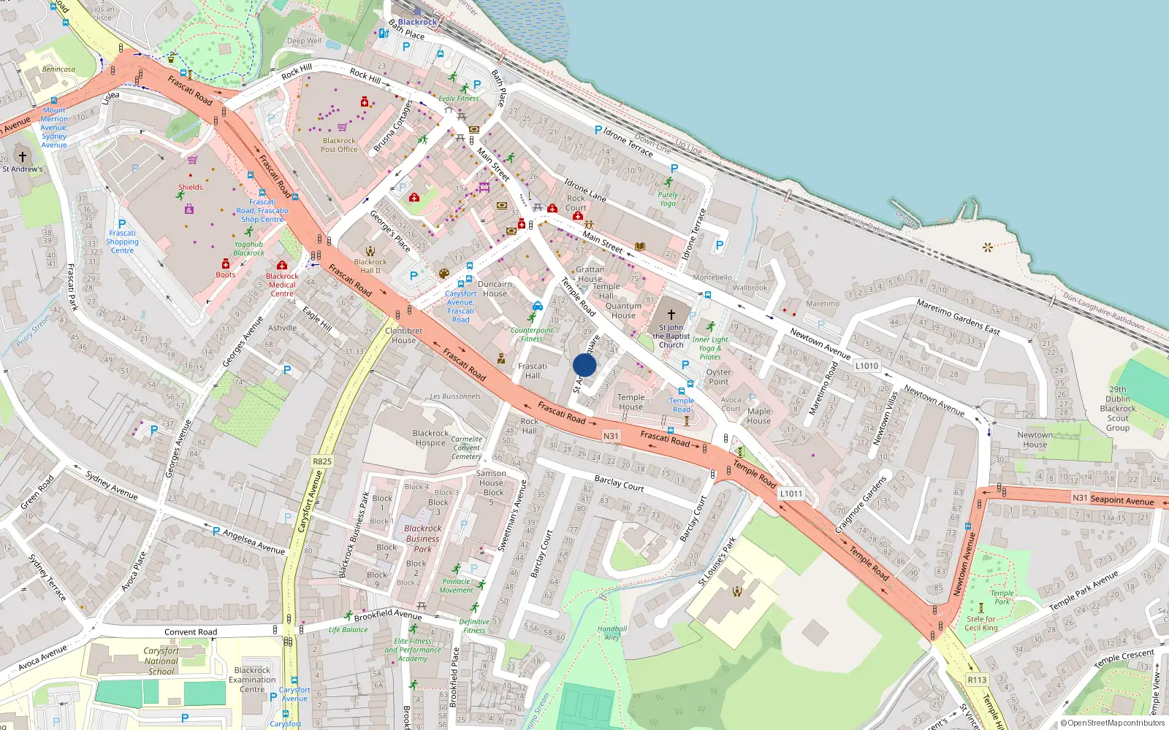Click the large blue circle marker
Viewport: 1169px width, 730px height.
pyautogui.click(x=584, y=365)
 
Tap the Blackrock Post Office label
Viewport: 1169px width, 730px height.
pyautogui.click(x=339, y=145)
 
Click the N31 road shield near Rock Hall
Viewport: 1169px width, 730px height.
pyautogui.click(x=611, y=436)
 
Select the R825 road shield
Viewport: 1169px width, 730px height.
pyautogui.click(x=322, y=461)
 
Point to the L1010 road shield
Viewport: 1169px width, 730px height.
pyautogui.click(x=867, y=366)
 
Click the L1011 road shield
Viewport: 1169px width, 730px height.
pyautogui.click(x=791, y=493)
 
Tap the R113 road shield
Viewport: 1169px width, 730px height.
pyautogui.click(x=977, y=680)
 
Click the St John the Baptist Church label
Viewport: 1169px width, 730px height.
pyautogui.click(x=671, y=336)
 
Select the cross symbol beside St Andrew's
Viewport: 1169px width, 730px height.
pyautogui.click(x=23, y=156)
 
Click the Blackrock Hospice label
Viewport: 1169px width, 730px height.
pyautogui.click(x=430, y=438)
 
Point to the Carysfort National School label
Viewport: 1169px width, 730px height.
pyautogui.click(x=161, y=661)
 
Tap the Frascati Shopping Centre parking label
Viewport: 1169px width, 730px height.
pyautogui.click(x=122, y=242)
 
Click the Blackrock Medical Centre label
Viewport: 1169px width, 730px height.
pyautogui.click(x=282, y=285)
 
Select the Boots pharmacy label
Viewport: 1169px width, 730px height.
pyautogui.click(x=226, y=274)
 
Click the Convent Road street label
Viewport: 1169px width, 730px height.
pyautogui.click(x=191, y=632)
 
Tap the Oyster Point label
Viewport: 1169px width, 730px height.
pyautogui.click(x=718, y=377)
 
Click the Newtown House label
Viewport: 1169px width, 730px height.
pyautogui.click(x=1035, y=439)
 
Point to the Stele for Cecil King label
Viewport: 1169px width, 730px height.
pyautogui.click(x=980, y=623)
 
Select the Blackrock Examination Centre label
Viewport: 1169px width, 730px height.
pyautogui.click(x=252, y=680)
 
